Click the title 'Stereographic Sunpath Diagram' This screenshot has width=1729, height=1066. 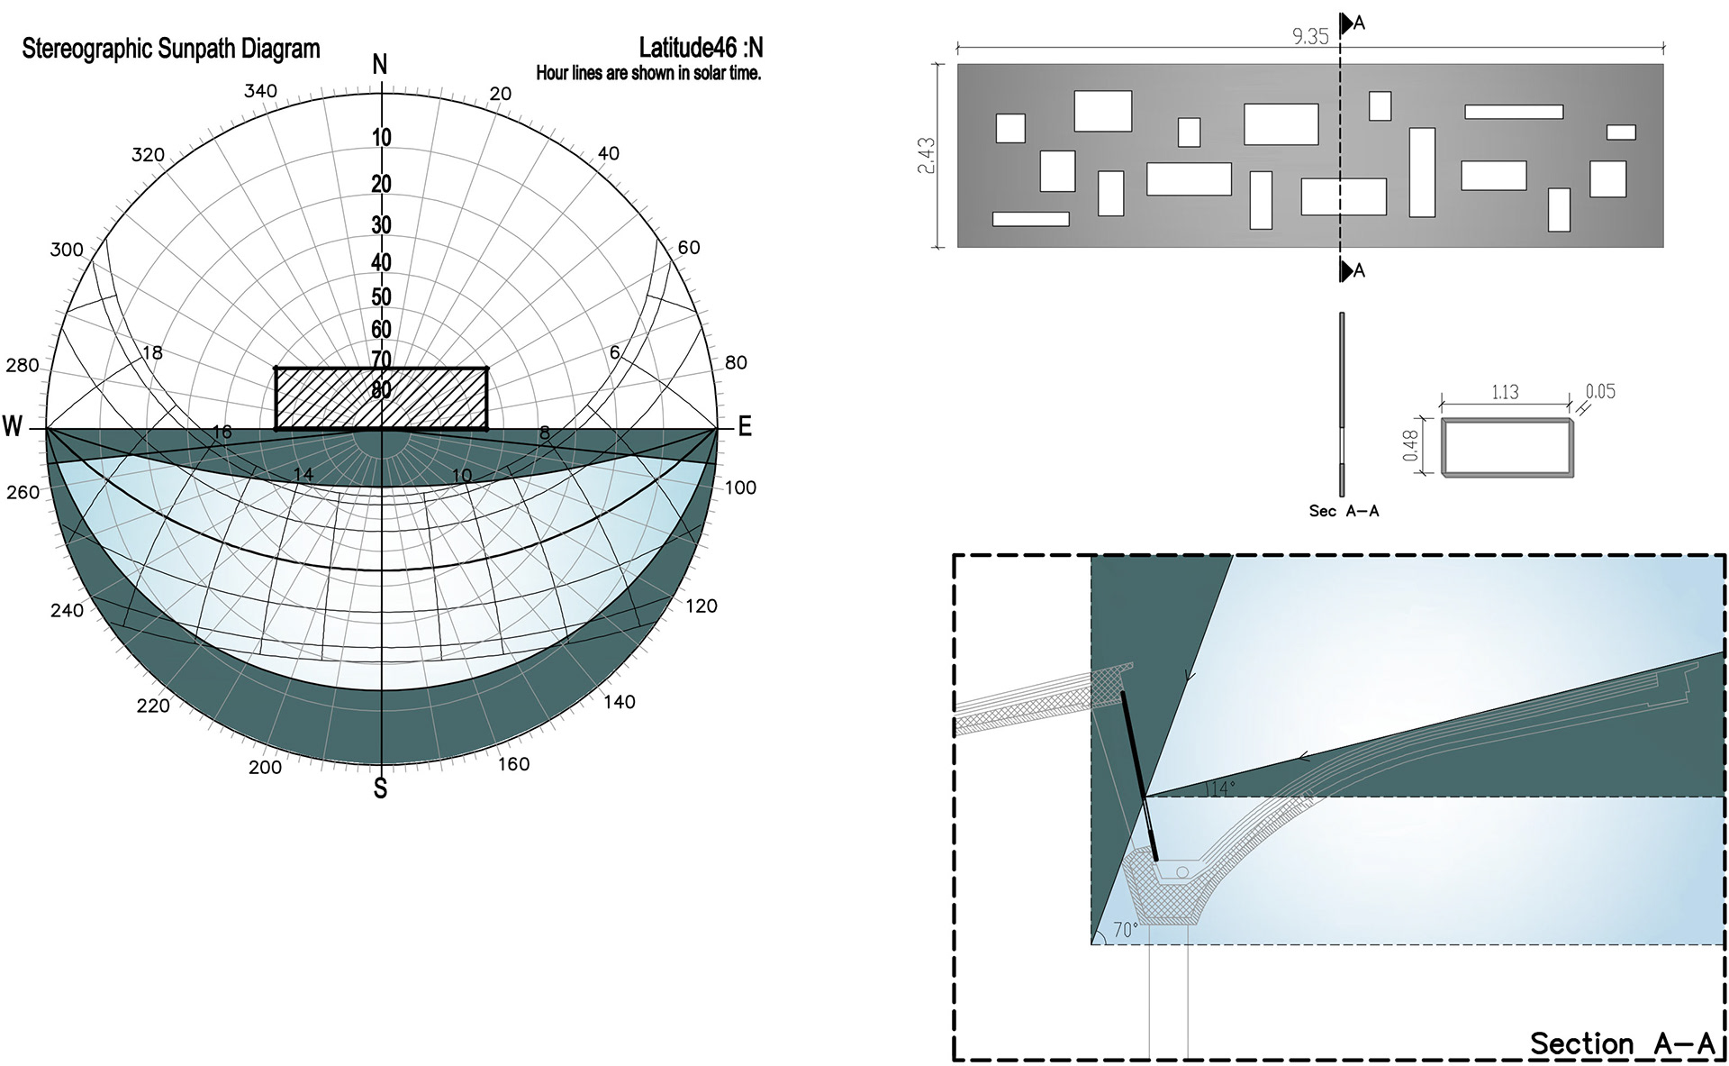(171, 49)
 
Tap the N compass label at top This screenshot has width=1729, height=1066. (380, 65)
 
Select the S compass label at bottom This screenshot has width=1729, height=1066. (380, 788)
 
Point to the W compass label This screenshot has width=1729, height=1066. (13, 426)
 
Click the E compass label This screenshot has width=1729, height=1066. (745, 427)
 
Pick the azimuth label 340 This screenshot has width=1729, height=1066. (261, 91)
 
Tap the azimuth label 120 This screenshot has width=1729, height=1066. (702, 606)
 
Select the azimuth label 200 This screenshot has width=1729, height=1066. (265, 768)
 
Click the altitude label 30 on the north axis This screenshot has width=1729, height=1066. (382, 225)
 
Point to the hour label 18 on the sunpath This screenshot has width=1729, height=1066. (153, 352)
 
